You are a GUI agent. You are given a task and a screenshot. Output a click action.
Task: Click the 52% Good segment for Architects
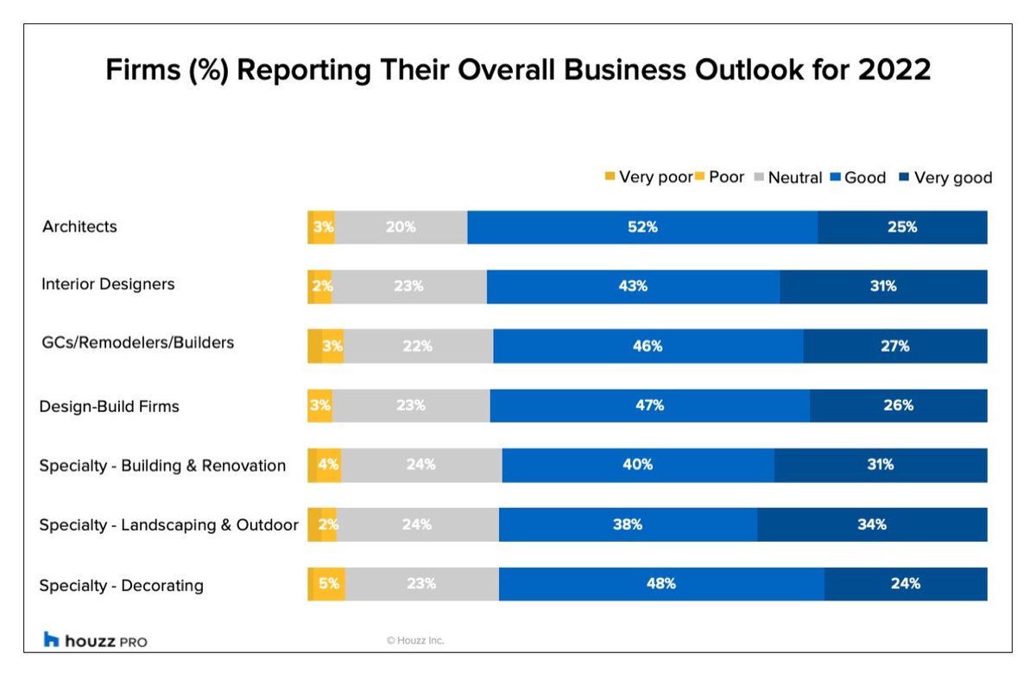click(x=642, y=227)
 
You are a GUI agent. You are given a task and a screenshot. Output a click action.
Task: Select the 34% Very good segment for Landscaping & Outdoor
click(x=872, y=524)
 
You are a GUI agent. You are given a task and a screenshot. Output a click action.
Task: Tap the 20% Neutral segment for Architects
click(x=401, y=227)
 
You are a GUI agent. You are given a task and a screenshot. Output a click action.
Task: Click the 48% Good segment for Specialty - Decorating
click(x=661, y=584)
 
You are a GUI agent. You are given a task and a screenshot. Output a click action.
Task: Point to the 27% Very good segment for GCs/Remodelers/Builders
click(x=895, y=346)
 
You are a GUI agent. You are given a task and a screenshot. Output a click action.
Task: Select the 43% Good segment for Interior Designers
click(x=633, y=287)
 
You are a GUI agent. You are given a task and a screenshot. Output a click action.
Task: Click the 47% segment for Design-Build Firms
click(x=649, y=405)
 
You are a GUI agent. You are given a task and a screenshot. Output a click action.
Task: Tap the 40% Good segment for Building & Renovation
click(x=638, y=465)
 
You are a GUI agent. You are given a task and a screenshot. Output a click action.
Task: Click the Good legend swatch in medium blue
click(x=836, y=177)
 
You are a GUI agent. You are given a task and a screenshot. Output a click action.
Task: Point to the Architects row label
click(x=79, y=227)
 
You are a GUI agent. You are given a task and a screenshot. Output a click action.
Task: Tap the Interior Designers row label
click(x=108, y=284)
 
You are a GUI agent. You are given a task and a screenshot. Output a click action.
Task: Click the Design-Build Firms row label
click(x=109, y=406)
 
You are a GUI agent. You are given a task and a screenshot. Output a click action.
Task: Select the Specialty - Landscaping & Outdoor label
click(x=168, y=525)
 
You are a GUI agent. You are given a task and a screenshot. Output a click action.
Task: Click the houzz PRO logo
click(x=95, y=640)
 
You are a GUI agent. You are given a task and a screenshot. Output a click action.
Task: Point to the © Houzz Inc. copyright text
click(x=415, y=641)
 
